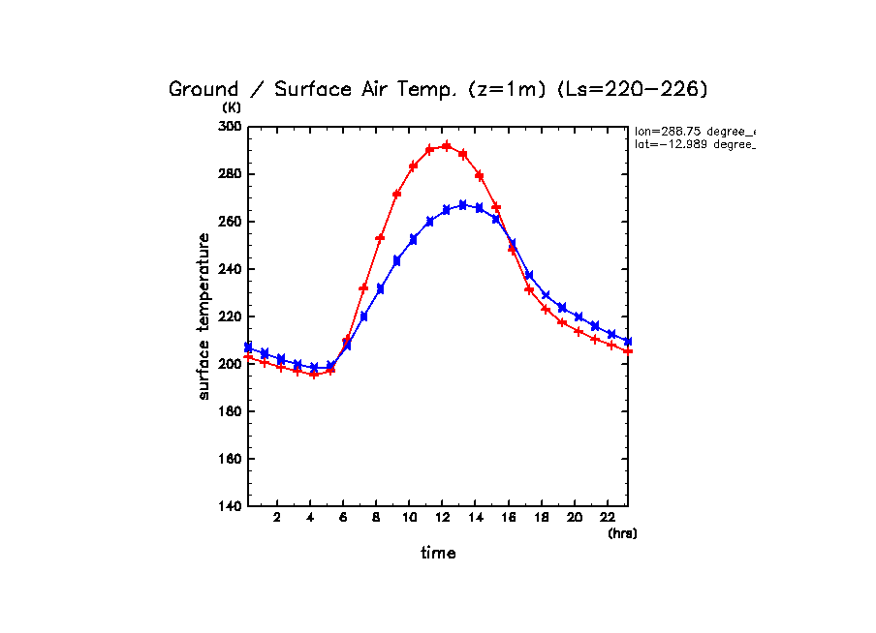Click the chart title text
pos(439,90)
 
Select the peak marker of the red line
pos(447,146)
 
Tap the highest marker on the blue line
pos(463,204)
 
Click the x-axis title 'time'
pos(438,554)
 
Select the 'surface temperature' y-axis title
pos(204,316)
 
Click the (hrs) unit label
pos(622,533)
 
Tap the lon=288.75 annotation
pos(694,131)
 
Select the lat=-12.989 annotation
pos(694,144)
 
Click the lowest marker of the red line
pos(314,374)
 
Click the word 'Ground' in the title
pos(203,90)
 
